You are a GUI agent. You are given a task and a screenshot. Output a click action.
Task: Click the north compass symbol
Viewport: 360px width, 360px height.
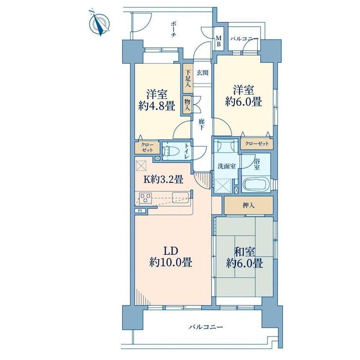coord(99,23)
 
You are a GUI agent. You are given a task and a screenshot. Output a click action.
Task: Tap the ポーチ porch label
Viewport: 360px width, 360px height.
coord(173,30)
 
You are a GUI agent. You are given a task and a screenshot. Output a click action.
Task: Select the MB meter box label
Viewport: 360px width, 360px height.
coord(219,41)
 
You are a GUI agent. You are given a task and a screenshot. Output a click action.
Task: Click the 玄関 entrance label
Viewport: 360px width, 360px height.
coord(202,73)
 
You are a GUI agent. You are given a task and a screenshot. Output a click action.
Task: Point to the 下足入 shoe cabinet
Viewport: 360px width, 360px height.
coord(188,78)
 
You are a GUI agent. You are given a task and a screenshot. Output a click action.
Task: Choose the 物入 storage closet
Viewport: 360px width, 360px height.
coord(187,105)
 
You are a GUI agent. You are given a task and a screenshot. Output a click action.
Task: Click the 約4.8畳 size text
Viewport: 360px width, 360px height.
coord(157,106)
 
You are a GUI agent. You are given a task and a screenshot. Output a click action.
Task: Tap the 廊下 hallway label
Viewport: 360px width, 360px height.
coord(201,124)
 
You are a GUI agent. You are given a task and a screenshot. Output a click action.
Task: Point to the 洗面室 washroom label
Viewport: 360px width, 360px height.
coord(227,166)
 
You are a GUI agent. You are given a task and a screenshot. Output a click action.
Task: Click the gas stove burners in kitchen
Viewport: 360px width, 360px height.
coord(146,198)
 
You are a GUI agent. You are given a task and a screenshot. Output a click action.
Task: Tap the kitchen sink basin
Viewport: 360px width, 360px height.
coord(180,198)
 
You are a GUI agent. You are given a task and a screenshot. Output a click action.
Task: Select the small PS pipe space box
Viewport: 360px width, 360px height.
coord(140,211)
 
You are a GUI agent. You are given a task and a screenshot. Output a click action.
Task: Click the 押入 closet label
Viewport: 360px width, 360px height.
coord(248,205)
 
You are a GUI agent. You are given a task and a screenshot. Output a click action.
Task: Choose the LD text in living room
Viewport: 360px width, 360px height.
coord(171,251)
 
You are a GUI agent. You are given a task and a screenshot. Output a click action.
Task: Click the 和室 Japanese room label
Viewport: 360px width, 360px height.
coord(244,252)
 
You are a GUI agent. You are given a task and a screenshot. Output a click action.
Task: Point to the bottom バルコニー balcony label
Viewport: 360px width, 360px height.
coord(205,326)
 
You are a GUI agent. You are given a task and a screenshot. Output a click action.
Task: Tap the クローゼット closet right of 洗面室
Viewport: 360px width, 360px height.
coord(257,144)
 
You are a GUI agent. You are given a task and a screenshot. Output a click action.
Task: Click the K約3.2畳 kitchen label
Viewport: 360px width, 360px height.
coord(163,179)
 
